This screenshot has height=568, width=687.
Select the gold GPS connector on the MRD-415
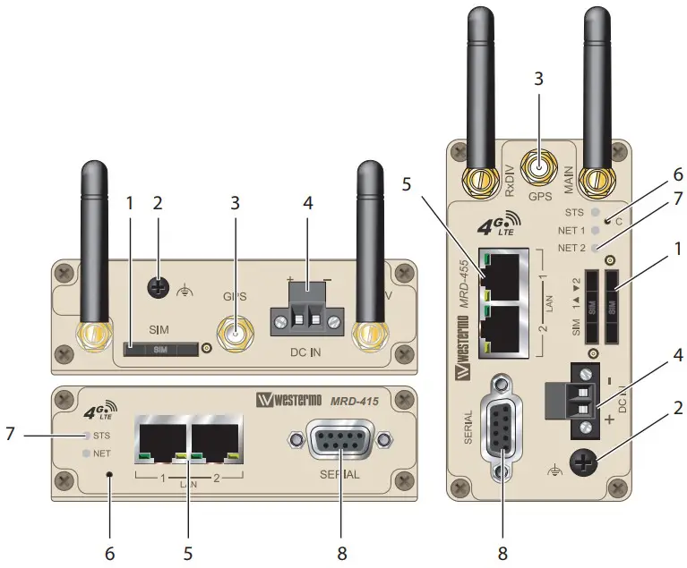(x=235, y=336)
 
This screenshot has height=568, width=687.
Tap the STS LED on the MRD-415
(x=87, y=436)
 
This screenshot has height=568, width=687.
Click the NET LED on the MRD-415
(x=87, y=453)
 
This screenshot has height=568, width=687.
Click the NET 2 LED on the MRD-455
(x=597, y=246)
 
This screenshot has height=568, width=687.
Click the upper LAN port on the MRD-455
(x=504, y=276)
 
